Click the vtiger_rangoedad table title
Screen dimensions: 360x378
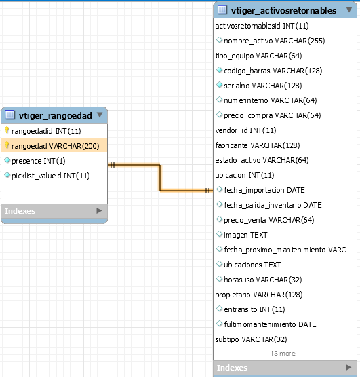tap(55, 116)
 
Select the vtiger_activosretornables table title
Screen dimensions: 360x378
tap(283, 10)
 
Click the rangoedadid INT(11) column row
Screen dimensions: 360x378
tap(46, 131)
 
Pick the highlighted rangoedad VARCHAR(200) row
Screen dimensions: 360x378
tap(56, 146)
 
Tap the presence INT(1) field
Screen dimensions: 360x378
tap(39, 161)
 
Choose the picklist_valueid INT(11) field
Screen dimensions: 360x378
tap(51, 176)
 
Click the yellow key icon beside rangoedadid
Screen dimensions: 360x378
tap(7, 130)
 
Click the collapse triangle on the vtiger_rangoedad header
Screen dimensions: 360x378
tap(100, 115)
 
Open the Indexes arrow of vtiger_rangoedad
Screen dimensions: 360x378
tap(99, 210)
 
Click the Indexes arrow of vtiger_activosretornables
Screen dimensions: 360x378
tap(348, 367)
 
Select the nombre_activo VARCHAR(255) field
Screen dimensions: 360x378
tap(275, 41)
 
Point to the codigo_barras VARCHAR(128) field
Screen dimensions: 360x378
tap(273, 71)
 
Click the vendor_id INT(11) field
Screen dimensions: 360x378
tap(245, 130)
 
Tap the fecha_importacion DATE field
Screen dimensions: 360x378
tap(264, 190)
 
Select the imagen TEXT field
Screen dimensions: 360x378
tap(245, 235)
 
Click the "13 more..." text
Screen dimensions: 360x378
tap(285, 354)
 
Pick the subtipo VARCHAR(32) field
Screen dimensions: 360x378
tap(251, 339)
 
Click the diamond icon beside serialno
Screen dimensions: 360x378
tap(219, 85)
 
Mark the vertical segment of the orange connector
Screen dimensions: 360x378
tap(159, 178)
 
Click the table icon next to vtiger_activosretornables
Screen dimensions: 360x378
tap(222, 10)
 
